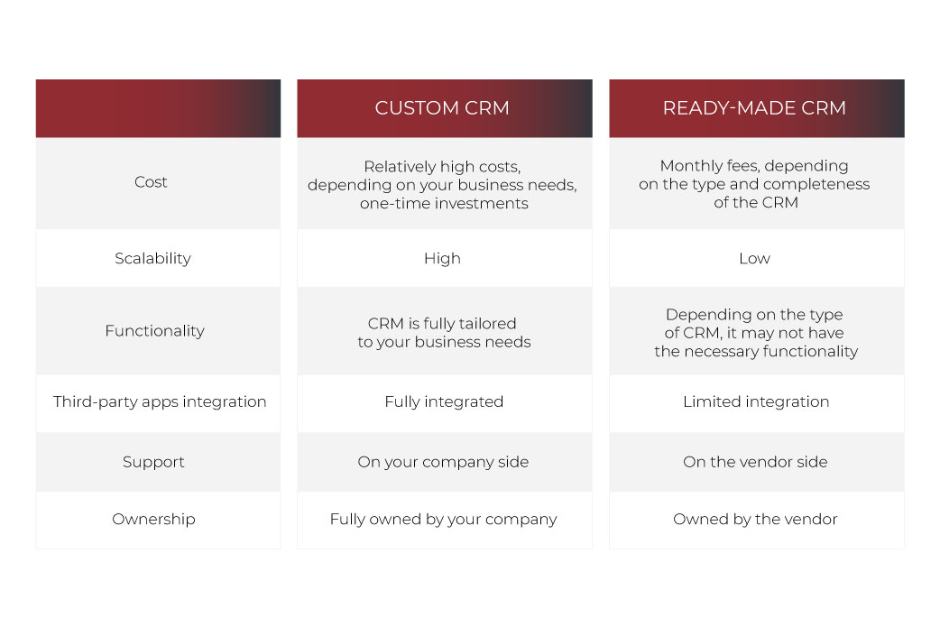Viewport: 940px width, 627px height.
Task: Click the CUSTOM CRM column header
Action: (442, 108)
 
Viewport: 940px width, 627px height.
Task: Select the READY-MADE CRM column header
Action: (754, 108)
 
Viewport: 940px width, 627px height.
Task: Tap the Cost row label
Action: (151, 181)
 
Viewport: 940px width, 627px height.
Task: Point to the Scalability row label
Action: (152, 258)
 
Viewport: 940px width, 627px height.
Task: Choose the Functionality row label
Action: (154, 331)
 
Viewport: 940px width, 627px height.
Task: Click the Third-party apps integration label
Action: (160, 401)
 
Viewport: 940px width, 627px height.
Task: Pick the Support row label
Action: (153, 462)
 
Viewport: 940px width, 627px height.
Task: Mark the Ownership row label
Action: (153, 519)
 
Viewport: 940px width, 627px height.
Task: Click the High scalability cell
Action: (442, 258)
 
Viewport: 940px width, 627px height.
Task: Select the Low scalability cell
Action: (754, 258)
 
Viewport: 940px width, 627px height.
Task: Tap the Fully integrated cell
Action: (444, 401)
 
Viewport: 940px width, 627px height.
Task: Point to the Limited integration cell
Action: (756, 401)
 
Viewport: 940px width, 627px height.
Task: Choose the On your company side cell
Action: (443, 462)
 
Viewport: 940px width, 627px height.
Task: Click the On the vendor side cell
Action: (755, 462)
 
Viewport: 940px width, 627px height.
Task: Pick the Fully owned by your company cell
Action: (443, 519)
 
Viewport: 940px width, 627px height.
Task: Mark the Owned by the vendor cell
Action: (755, 519)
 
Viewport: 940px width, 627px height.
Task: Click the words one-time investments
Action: (444, 204)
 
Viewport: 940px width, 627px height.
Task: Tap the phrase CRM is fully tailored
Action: (442, 324)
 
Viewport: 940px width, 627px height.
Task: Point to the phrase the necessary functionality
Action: (756, 351)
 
